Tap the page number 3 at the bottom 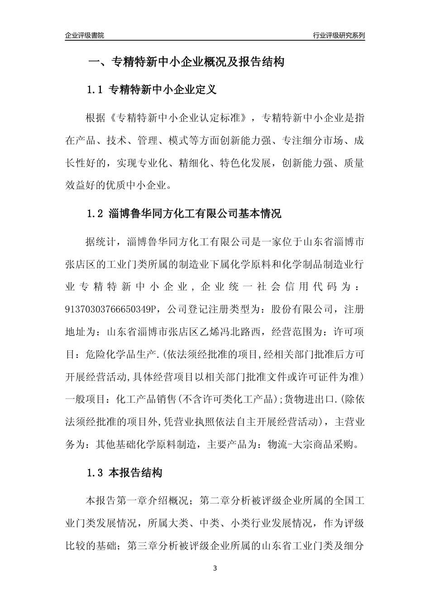(x=215, y=568)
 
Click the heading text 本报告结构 (x=135, y=474)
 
